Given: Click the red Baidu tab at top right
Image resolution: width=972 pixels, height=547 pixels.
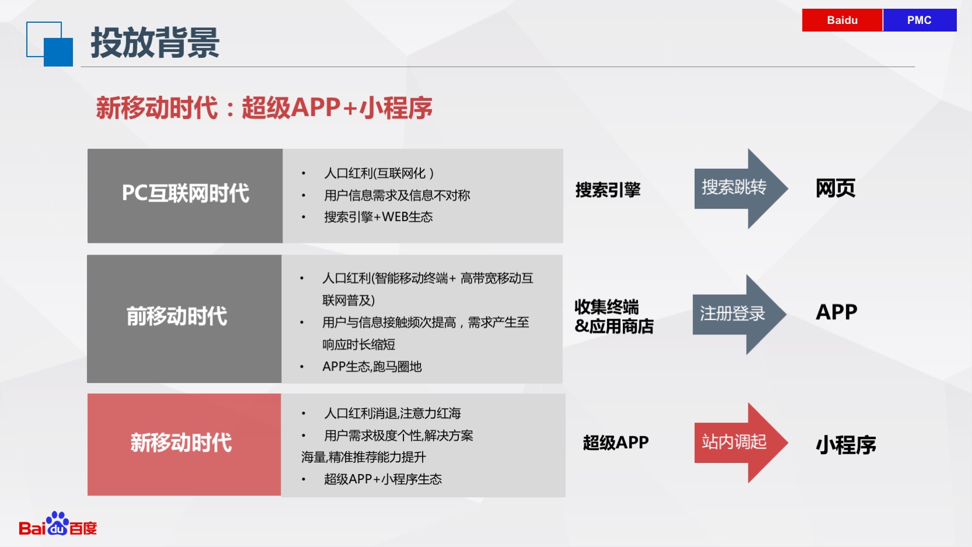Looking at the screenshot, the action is (x=842, y=20).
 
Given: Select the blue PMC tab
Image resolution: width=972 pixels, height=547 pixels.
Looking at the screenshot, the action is (x=919, y=20).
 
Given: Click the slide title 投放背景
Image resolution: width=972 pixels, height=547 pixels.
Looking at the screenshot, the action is (x=155, y=43).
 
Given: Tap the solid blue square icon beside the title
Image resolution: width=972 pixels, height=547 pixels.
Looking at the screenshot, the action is (x=58, y=52).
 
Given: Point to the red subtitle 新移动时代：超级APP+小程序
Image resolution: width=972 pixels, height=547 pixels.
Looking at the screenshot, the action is (x=264, y=107).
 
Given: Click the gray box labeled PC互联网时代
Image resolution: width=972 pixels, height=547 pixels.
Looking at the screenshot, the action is (x=185, y=196).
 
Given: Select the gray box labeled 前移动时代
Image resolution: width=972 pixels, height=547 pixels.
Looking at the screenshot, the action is (x=184, y=319).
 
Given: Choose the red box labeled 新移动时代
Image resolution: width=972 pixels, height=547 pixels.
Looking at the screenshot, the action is (x=184, y=445).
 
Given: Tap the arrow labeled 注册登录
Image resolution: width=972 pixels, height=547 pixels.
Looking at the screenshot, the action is (x=740, y=315).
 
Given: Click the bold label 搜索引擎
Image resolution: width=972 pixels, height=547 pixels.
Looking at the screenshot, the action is (x=608, y=190).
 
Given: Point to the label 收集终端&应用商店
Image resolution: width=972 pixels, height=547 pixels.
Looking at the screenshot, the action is (x=614, y=316).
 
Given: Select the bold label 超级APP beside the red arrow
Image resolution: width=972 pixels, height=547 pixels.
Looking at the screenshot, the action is (x=616, y=443).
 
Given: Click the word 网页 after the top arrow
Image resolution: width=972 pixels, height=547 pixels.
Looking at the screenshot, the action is (x=835, y=188).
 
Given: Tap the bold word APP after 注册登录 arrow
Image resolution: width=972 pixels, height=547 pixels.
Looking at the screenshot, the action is (x=837, y=312).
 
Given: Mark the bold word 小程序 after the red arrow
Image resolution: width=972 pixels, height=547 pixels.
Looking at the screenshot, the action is (x=846, y=445).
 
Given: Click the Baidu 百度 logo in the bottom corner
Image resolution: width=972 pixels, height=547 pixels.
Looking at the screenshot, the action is (x=58, y=524).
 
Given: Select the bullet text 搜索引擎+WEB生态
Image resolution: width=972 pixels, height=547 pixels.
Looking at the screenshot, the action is (x=378, y=217).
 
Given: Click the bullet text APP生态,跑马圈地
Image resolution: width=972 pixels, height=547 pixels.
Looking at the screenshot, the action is (x=372, y=367).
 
